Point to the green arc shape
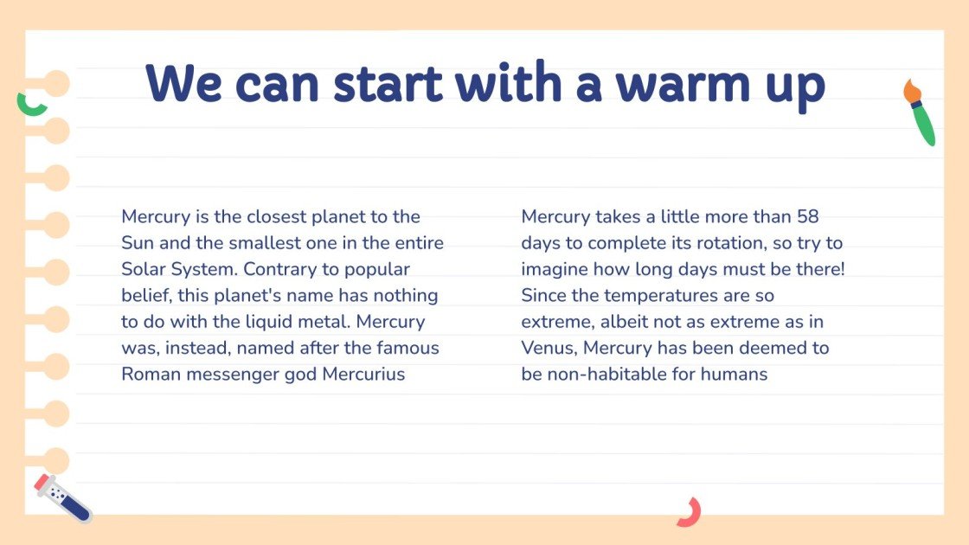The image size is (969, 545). click(x=32, y=105)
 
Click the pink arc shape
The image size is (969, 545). click(x=690, y=512)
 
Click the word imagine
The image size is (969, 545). click(x=555, y=269)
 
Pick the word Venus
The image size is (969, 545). click(x=549, y=349)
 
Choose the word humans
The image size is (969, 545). click(x=736, y=375)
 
